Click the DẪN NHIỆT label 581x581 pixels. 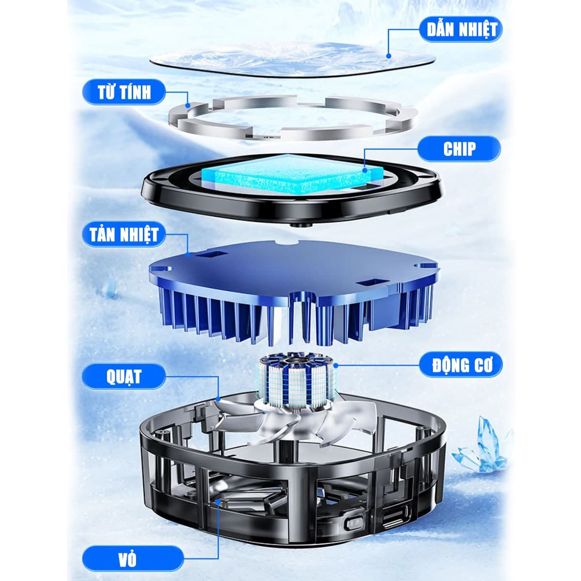point(461,29)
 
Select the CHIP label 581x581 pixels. point(459,149)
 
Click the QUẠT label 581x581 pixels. point(124,376)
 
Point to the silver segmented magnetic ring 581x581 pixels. point(292,119)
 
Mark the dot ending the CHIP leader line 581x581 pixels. point(366,169)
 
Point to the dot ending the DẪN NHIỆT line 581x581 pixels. point(389,56)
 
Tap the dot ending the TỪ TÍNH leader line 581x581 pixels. point(188,106)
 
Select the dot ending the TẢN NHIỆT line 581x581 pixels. point(188,253)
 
